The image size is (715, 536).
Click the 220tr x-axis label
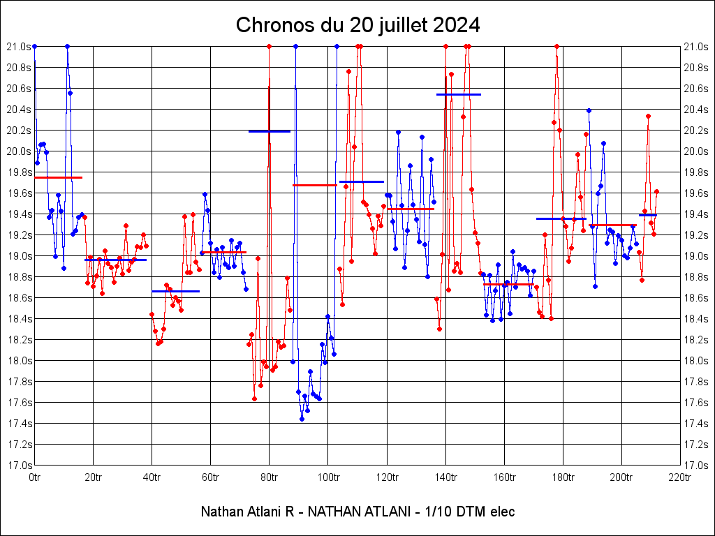(679, 477)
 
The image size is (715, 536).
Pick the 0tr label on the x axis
(34, 477)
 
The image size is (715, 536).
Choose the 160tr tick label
(503, 477)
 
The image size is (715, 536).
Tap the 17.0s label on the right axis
(696, 466)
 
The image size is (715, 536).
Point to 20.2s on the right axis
(696, 131)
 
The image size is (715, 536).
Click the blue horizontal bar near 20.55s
(459, 94)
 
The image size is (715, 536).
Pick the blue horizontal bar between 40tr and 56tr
(175, 291)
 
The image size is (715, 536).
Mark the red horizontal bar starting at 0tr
(58, 177)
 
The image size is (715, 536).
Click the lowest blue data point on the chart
(302, 419)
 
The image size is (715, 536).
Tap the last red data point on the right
(656, 191)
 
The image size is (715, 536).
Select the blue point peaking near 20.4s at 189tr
(589, 110)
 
